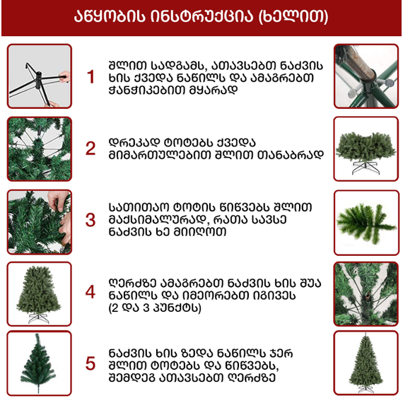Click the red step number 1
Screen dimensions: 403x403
pyautogui.click(x=90, y=76)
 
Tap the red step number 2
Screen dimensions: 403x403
pyautogui.click(x=90, y=148)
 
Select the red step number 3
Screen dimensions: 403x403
pyautogui.click(x=90, y=220)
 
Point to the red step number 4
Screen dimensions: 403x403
pyautogui.click(x=90, y=291)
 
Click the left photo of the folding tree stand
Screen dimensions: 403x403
pyautogui.click(x=40, y=76)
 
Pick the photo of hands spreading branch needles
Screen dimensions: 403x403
pyautogui.click(x=40, y=218)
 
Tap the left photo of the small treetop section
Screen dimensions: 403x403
pyautogui.click(x=40, y=363)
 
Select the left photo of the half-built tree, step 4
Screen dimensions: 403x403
pyautogui.click(x=40, y=291)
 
